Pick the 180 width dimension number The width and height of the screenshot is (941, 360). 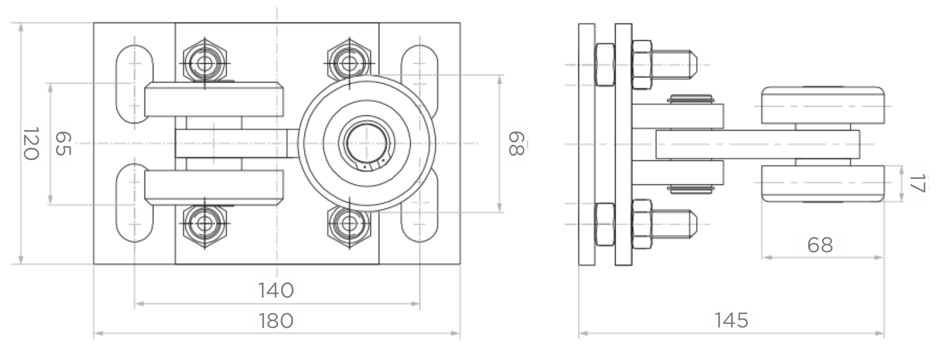(x=276, y=321)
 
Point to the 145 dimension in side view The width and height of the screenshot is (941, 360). (x=731, y=320)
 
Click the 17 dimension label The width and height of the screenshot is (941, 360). (x=918, y=183)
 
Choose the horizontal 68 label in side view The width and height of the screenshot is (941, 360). (x=820, y=245)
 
